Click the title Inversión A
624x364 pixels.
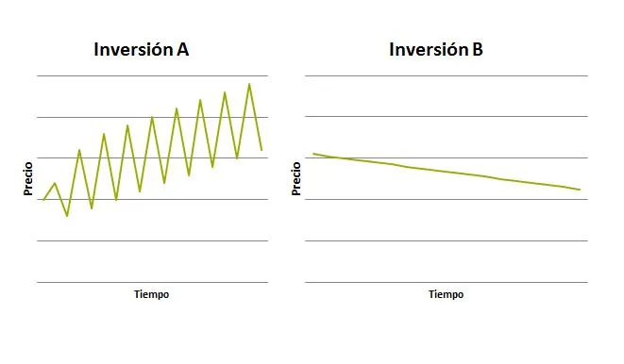[142, 49]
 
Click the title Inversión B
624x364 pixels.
[436, 49]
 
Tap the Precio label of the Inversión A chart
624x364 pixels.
[28, 179]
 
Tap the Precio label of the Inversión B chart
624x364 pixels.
[296, 179]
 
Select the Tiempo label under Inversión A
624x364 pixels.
[152, 294]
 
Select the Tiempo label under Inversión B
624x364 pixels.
[447, 294]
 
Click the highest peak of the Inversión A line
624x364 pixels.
[249, 84]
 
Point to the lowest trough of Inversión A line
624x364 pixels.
[67, 216]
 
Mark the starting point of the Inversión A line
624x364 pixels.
[43, 200]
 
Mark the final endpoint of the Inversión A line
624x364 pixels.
[261, 150]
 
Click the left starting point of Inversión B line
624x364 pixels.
[313, 154]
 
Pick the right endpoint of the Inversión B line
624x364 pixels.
[581, 190]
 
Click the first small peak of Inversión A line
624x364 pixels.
[55, 183]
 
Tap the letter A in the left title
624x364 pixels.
[182, 50]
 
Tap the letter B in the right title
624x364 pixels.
[478, 50]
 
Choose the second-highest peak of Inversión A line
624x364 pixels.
[225, 92]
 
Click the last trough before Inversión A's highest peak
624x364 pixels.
[237, 158]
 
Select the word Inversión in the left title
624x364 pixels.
[133, 49]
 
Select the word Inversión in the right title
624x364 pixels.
[429, 49]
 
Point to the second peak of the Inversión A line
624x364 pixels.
[79, 150]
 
